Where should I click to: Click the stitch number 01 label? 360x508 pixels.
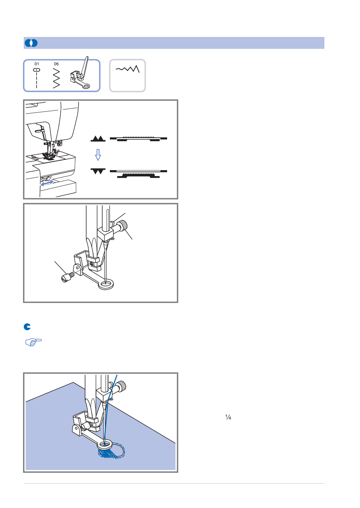tap(37, 64)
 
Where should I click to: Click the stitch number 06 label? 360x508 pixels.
tap(56, 64)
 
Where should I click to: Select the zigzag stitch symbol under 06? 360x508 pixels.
tap(56, 78)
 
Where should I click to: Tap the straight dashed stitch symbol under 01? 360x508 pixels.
tap(37, 78)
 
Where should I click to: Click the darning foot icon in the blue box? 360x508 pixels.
tap(80, 73)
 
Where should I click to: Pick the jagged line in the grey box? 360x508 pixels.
tap(128, 69)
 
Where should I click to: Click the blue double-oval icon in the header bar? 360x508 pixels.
tap(31, 43)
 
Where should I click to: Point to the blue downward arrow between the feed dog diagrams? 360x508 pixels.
tap(98, 155)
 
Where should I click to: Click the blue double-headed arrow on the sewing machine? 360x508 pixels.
tap(47, 183)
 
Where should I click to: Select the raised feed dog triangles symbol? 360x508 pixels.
tap(98, 138)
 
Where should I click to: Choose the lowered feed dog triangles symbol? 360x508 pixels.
tap(98, 171)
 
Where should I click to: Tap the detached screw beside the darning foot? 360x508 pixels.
tap(68, 277)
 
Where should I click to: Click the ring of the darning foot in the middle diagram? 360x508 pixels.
tap(106, 285)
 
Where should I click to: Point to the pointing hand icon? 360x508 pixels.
tap(33, 342)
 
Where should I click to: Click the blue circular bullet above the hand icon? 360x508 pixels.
tap(27, 327)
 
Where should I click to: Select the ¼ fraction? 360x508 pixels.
tap(228, 417)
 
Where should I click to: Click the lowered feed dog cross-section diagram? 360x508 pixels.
tap(138, 174)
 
